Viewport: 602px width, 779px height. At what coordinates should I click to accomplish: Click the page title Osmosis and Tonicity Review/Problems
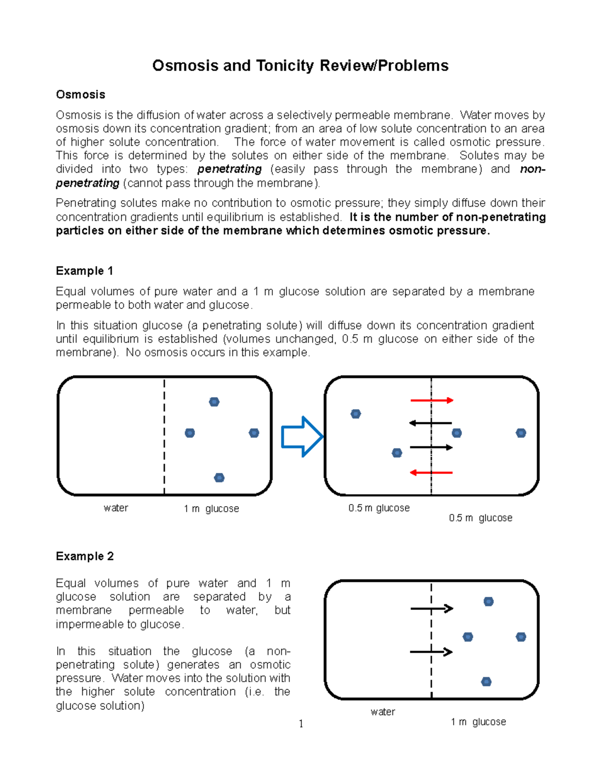point(300,66)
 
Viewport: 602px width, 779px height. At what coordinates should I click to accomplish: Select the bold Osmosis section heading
point(80,94)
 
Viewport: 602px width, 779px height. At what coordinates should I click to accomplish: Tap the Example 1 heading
point(84,271)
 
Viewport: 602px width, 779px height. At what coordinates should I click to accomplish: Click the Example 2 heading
point(85,556)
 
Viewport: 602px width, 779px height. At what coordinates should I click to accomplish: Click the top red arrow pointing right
point(431,400)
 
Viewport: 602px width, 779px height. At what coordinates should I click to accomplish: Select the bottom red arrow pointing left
point(431,473)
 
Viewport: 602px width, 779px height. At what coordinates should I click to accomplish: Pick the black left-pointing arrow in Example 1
point(430,423)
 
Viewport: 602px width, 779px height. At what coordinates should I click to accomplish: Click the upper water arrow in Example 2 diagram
point(431,608)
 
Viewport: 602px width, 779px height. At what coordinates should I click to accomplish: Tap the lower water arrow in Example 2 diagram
point(431,652)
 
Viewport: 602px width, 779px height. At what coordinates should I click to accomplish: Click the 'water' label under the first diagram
point(116,508)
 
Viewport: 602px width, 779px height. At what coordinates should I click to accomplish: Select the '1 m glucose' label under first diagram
point(211,509)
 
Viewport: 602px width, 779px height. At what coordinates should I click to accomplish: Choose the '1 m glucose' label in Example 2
point(478,722)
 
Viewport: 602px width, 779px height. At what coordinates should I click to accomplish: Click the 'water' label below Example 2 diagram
point(383,712)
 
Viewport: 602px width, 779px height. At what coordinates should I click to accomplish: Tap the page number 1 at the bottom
point(301,724)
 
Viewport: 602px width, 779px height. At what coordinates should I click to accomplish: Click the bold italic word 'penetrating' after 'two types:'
point(229,169)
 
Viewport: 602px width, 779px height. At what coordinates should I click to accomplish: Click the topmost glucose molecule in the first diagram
point(214,402)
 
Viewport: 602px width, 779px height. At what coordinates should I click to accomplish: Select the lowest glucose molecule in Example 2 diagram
point(486,682)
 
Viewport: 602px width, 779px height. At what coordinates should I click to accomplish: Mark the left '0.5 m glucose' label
point(379,508)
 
